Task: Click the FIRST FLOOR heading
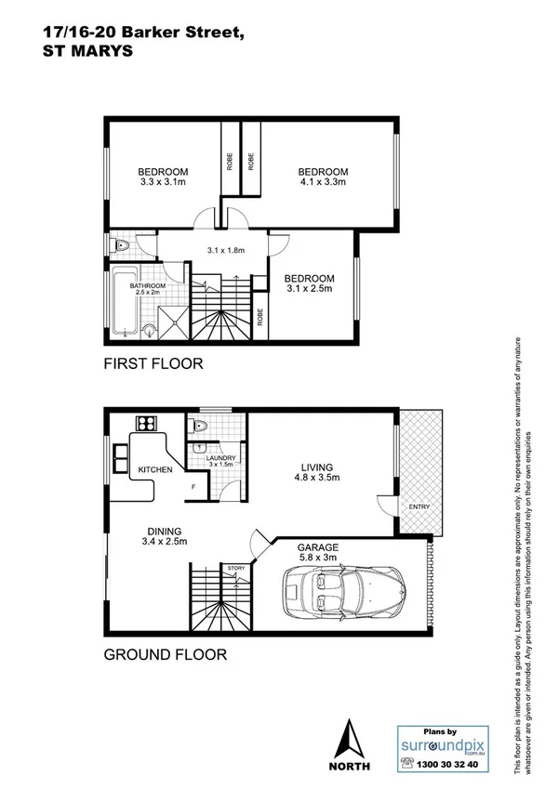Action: (153, 364)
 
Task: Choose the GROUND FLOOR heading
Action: (165, 654)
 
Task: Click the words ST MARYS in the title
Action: (87, 52)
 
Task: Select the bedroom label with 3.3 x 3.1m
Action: (163, 178)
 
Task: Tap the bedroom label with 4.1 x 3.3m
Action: (322, 178)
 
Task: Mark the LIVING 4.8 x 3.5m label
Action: (316, 474)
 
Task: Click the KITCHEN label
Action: (155, 470)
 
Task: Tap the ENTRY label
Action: (418, 506)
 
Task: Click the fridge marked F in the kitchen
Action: (193, 487)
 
